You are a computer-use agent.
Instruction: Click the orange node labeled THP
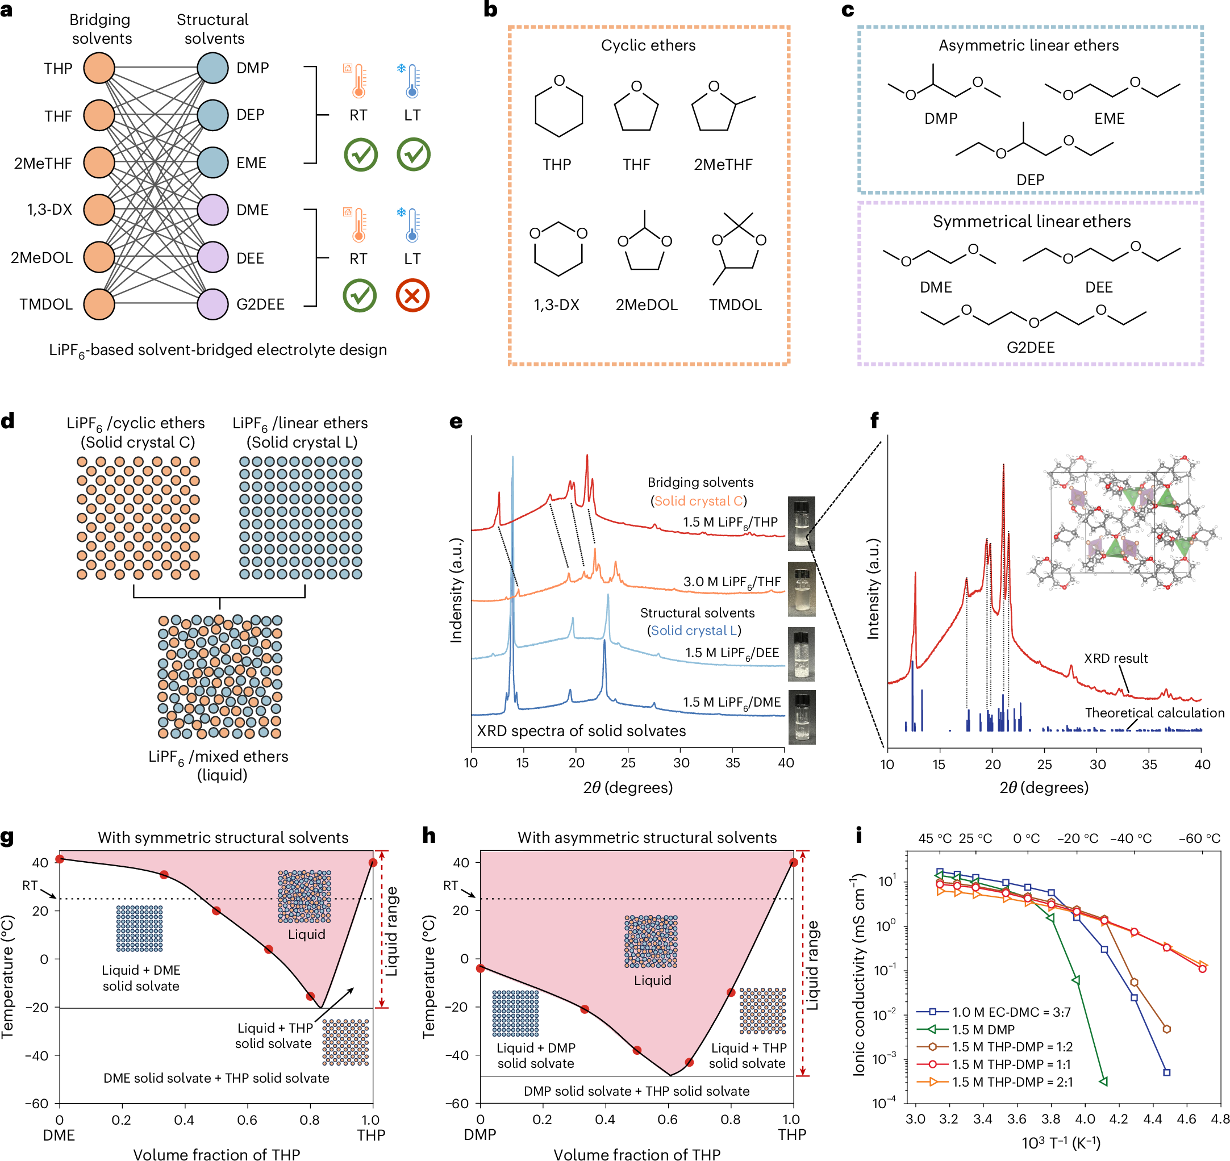(x=99, y=68)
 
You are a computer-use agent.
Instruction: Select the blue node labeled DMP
(x=213, y=68)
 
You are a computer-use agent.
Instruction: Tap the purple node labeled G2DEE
(x=213, y=304)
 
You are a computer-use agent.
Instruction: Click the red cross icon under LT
(x=412, y=295)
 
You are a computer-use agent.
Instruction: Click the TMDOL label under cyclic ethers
(x=735, y=304)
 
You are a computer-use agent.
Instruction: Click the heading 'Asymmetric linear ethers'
(x=1028, y=45)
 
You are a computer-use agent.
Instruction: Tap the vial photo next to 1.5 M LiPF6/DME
(x=802, y=717)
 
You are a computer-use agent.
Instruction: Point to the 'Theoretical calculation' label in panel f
(x=1154, y=712)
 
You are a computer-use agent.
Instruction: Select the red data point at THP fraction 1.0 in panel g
(x=373, y=862)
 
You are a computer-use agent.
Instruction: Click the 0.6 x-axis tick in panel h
(x=668, y=1119)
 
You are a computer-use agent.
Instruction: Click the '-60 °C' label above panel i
(x=1199, y=838)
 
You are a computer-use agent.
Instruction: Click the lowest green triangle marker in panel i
(x=1103, y=1081)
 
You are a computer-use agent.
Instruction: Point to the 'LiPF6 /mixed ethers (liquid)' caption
(x=219, y=765)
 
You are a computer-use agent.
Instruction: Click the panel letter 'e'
(x=456, y=421)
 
